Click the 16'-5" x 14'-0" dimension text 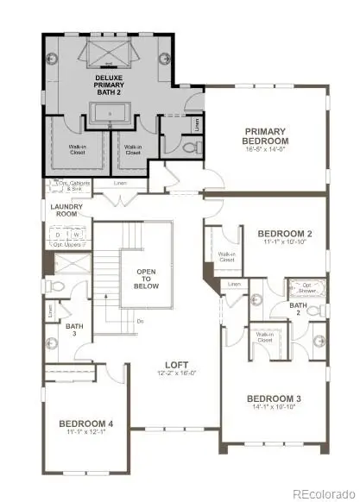coord(270,148)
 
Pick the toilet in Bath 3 coord(54,285)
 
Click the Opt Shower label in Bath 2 coord(306,286)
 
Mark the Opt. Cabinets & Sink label coord(68,187)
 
